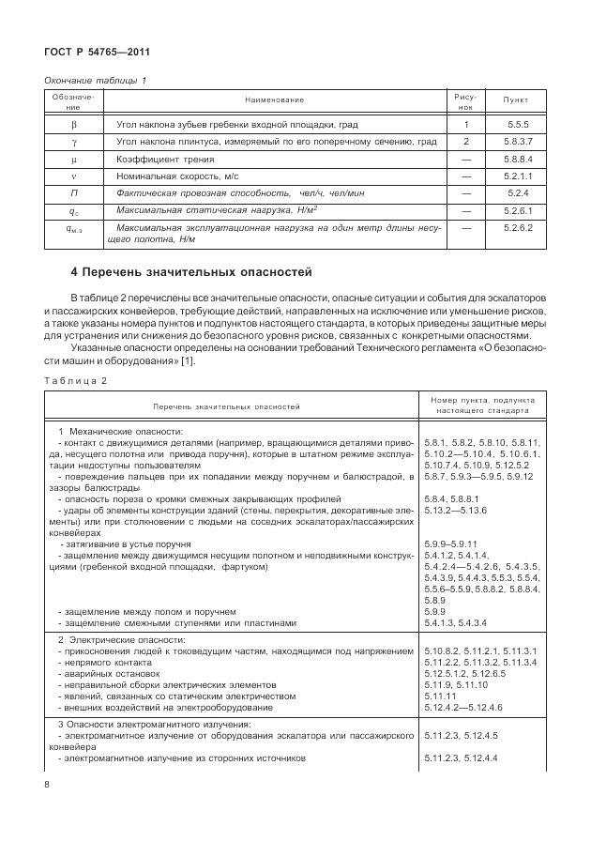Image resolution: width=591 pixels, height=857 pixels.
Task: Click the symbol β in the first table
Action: pyautogui.click(x=73, y=123)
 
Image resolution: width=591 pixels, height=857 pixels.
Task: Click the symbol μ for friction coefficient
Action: pyautogui.click(x=73, y=160)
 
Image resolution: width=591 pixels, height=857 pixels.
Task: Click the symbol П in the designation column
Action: pyautogui.click(x=73, y=193)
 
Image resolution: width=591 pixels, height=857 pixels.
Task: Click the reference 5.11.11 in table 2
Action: pyautogui.click(x=440, y=696)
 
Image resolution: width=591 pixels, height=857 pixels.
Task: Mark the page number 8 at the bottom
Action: pyautogui.click(x=47, y=784)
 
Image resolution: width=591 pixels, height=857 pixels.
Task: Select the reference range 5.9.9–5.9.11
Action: pyautogui.click(x=451, y=544)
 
